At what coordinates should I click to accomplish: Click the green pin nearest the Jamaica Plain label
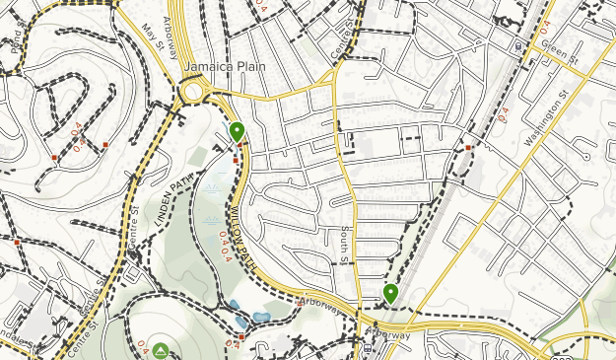click(237, 131)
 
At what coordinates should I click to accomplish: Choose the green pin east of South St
click(391, 293)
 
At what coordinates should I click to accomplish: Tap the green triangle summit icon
click(161, 350)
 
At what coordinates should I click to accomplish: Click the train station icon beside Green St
click(519, 46)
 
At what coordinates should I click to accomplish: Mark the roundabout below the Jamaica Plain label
click(194, 95)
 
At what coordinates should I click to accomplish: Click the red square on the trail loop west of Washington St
click(468, 148)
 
